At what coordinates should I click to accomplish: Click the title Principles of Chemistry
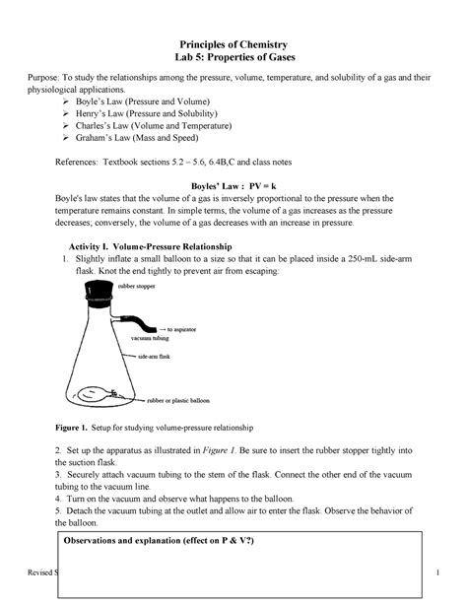[x=233, y=46]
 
